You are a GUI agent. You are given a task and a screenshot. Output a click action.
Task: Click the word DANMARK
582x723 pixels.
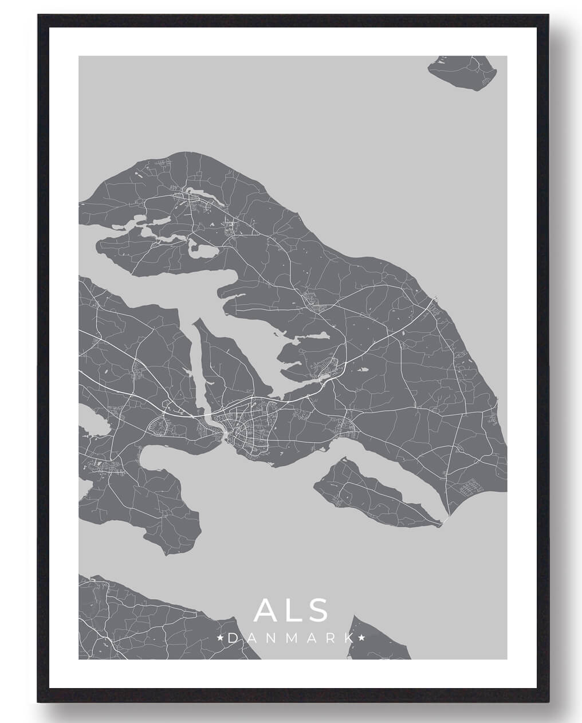coord(290,638)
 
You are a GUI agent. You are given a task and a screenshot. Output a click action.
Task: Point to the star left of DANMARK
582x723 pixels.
coord(221,638)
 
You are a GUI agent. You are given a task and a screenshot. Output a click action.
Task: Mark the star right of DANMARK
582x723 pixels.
coord(361,638)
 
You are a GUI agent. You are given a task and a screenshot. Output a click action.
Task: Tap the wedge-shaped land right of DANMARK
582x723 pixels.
coord(378,639)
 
